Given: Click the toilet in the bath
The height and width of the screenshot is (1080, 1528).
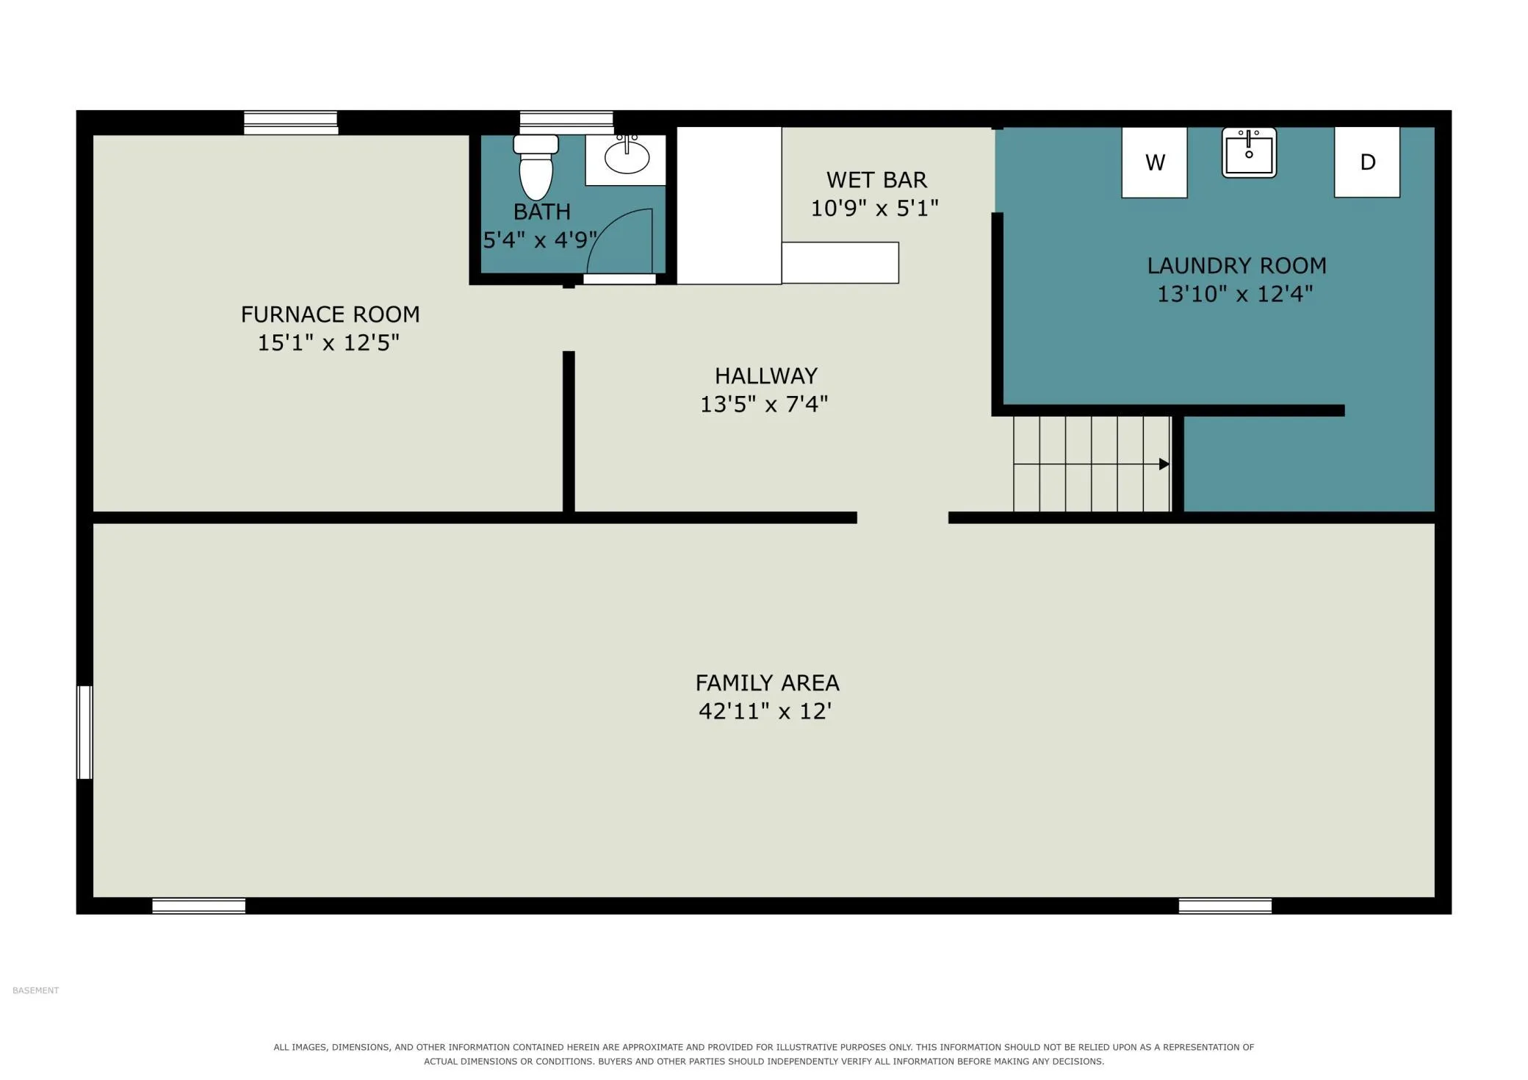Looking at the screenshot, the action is coord(536,167).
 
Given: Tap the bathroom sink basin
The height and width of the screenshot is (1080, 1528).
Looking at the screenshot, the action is coord(627,157).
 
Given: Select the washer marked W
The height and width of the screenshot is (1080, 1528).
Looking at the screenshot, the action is coord(1154,162).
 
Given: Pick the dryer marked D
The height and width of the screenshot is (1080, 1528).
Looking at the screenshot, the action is coord(1367,162).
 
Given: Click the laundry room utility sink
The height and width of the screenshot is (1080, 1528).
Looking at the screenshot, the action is coord(1249,153).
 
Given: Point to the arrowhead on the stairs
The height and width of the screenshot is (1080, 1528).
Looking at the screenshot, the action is coord(1164,464).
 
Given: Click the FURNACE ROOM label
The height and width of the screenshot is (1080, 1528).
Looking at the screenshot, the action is coord(331,314).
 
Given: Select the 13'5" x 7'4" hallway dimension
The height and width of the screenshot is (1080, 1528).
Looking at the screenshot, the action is coord(764,404).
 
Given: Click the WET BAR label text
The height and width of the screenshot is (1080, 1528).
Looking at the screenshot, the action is coord(876,180).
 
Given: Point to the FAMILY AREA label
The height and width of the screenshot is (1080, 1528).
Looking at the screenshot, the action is coord(767,683).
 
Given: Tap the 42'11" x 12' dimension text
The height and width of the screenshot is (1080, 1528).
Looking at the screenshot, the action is coord(765,711).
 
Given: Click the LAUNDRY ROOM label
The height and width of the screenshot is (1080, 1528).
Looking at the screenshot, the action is coord(1237,266).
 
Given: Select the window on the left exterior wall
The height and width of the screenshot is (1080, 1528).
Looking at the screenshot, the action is coord(85,732).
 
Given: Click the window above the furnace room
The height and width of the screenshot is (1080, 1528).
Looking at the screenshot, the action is coord(291,122).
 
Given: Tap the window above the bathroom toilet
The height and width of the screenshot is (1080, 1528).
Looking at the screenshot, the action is coord(566,122).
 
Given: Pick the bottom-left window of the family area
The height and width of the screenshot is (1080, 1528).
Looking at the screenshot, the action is coord(198,906).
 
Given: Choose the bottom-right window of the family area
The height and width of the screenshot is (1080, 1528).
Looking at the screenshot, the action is coord(1225,906).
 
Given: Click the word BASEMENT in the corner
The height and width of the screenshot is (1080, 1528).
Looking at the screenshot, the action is coord(35,990).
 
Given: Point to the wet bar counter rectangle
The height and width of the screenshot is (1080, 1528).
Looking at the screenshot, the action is coord(840,262).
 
